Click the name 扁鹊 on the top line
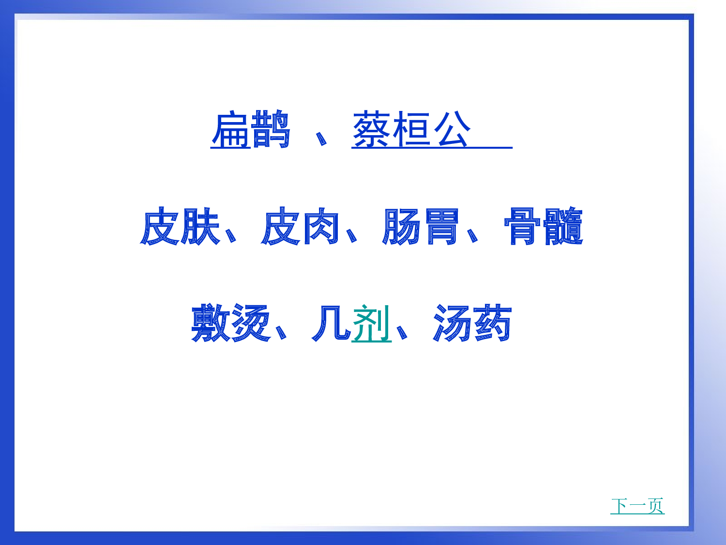coord(250,130)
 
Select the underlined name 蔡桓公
coord(412,130)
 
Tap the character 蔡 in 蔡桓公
coord(372,130)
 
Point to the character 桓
coord(411,130)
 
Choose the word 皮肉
coord(300,226)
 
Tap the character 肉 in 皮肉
coord(320,226)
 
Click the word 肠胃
coord(420,226)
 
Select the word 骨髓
coord(543,226)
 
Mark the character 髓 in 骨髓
coord(563,226)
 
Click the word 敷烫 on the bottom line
coord(230,323)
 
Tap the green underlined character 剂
coord(371,324)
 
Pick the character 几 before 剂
coord(331,323)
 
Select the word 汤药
coord(472,323)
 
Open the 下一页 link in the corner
coord(637,506)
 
